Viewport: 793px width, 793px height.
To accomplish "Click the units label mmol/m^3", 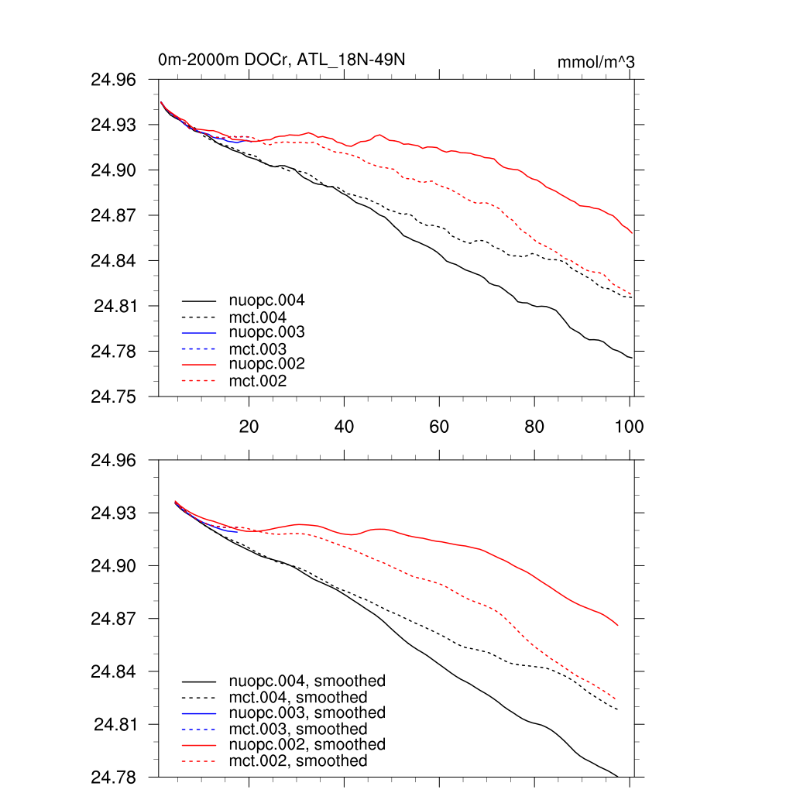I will click(596, 61).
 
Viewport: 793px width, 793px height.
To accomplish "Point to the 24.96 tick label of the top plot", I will click(113, 80).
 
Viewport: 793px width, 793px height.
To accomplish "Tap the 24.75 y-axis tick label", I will click(113, 396).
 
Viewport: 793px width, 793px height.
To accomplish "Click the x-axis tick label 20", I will click(249, 426).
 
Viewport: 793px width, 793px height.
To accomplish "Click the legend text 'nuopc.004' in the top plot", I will click(266, 300).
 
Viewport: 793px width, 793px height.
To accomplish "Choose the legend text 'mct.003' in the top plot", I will click(258, 349).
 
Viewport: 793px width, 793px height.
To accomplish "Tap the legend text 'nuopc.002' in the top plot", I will click(266, 364).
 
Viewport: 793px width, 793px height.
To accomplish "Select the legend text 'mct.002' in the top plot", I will click(258, 381).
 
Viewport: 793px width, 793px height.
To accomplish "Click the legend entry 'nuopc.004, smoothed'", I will click(307, 681).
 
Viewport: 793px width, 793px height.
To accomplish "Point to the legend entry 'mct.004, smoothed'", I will click(298, 698).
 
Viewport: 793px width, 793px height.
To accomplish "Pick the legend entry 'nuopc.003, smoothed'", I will click(307, 712).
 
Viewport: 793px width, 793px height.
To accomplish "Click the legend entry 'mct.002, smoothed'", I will click(298, 761).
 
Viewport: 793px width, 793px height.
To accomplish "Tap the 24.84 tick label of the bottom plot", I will click(113, 671).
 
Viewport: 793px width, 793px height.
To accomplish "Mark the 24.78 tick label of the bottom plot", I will click(113, 777).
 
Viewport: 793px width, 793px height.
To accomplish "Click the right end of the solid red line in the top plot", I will click(633, 232).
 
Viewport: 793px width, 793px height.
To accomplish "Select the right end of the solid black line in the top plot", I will click(633, 357).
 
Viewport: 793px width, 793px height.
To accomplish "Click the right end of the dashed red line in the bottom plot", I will click(618, 700).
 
